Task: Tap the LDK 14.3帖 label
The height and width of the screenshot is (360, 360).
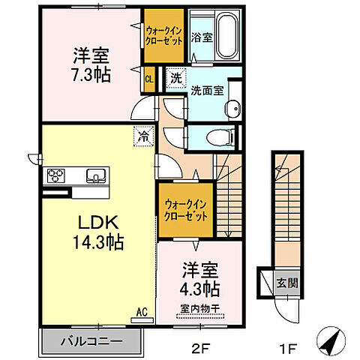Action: point(99,232)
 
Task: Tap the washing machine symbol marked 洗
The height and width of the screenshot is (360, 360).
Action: point(175,77)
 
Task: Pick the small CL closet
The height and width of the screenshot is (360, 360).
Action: point(149,79)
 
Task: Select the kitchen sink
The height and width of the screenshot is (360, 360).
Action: point(94,176)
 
